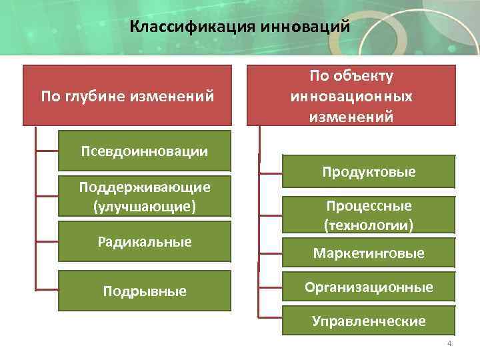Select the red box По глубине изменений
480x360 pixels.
click(x=127, y=97)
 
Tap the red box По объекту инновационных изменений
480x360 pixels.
click(x=351, y=95)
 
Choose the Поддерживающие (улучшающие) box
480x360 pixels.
click(x=144, y=197)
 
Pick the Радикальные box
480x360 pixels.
click(x=144, y=242)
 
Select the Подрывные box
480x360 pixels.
click(x=144, y=291)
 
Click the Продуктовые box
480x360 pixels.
click(x=368, y=172)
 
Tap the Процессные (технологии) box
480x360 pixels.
click(x=368, y=215)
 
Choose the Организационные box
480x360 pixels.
click(x=368, y=287)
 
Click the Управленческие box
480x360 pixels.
click(x=368, y=321)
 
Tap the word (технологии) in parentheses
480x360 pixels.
click(x=368, y=225)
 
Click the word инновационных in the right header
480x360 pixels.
click(x=351, y=97)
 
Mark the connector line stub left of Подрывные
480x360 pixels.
click(x=47, y=289)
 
